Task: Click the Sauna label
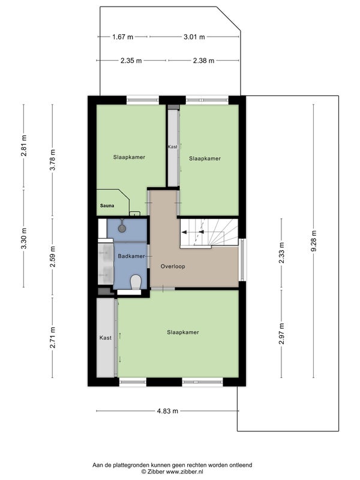click(107, 206)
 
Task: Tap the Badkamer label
click(131, 256)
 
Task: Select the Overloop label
click(173, 266)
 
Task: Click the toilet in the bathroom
click(136, 282)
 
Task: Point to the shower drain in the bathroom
click(122, 228)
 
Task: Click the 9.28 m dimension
click(313, 241)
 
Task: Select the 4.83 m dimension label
click(167, 411)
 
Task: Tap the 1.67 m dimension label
click(123, 37)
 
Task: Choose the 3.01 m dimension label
click(194, 37)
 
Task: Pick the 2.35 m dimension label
click(131, 61)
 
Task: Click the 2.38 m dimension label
click(203, 61)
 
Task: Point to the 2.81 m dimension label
click(24, 145)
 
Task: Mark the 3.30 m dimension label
click(24, 238)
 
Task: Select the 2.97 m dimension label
click(281, 334)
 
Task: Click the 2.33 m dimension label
click(281, 253)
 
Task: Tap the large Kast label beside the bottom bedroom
click(106, 338)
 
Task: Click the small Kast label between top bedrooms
click(173, 146)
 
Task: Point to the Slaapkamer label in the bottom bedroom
click(183, 332)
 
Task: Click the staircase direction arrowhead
click(184, 232)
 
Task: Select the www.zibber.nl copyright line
click(172, 472)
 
